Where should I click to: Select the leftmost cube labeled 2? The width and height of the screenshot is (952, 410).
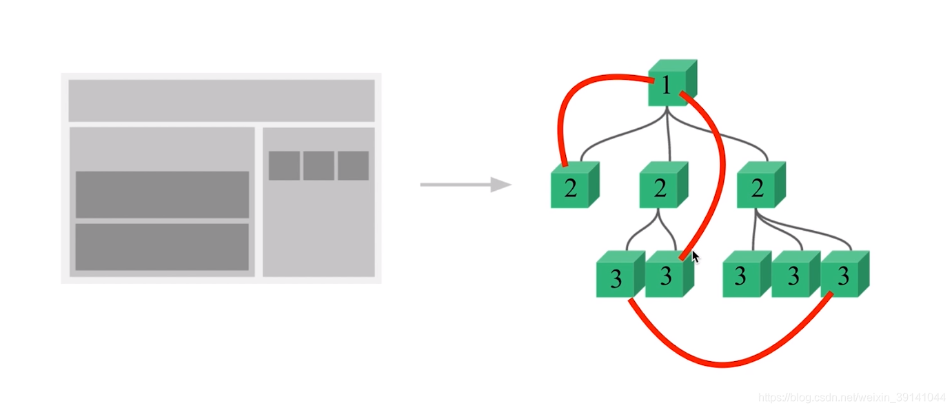click(571, 187)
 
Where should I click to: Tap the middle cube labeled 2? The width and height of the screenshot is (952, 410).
click(660, 187)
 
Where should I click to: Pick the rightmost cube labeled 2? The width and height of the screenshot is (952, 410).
click(758, 187)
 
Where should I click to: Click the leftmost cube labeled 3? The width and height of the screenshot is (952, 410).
click(616, 277)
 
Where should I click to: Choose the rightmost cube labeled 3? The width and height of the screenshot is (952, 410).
click(842, 276)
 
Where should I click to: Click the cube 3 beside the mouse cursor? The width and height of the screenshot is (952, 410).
click(665, 276)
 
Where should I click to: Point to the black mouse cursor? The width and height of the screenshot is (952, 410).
click(696, 256)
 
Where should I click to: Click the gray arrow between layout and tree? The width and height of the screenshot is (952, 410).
click(465, 185)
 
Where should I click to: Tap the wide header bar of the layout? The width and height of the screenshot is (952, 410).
click(221, 101)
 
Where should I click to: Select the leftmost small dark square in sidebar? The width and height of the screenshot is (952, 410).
click(284, 165)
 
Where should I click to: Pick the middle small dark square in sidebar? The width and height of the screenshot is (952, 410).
click(318, 165)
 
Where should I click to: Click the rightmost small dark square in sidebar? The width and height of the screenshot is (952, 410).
click(353, 165)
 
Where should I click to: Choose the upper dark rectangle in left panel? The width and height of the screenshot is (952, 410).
click(162, 194)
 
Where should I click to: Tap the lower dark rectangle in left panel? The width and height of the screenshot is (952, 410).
click(162, 247)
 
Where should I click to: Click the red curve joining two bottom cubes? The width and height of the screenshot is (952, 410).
click(724, 363)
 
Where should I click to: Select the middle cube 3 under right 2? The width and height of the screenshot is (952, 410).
click(793, 276)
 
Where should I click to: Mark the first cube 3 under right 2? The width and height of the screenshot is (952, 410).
click(742, 276)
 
